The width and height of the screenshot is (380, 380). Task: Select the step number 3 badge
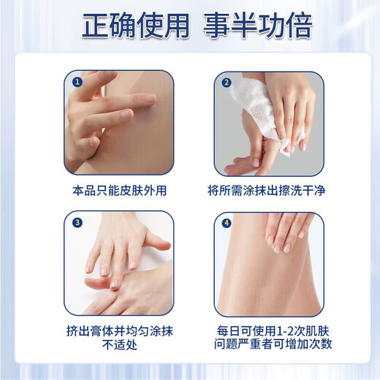pos(77,222)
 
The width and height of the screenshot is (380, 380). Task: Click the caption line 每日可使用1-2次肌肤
pos(269,331)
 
